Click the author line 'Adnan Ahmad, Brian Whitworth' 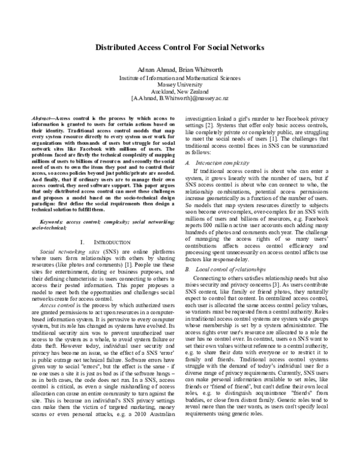tap(180, 70)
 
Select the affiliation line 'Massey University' tap(180, 85)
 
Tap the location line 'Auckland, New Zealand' tap(180, 91)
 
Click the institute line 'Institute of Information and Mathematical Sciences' tap(180, 79)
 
